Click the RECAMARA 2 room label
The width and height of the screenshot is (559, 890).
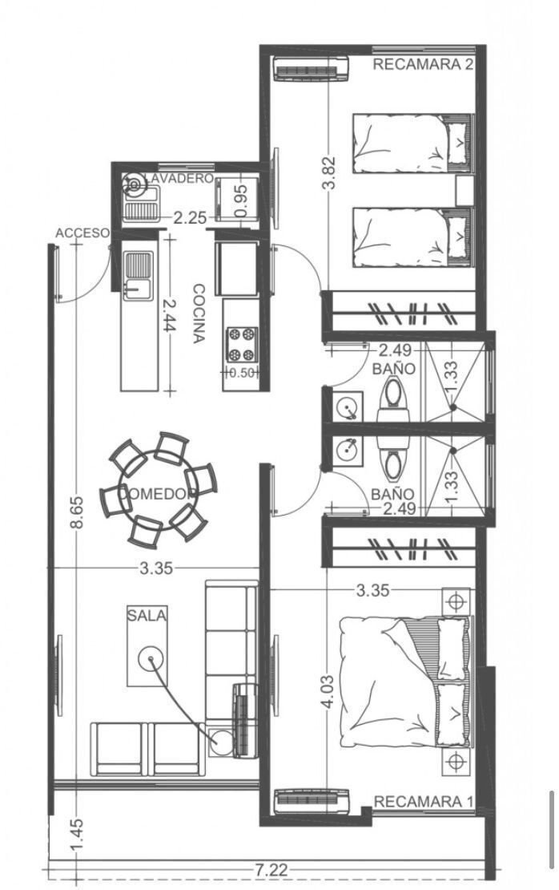click(x=422, y=64)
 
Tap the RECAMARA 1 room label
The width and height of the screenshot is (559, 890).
click(x=424, y=802)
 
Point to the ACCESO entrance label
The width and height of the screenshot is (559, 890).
click(x=82, y=233)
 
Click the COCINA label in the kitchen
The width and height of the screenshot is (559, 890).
click(x=199, y=314)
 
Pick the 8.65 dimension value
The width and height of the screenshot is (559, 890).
click(x=77, y=512)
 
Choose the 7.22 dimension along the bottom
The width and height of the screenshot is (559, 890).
click(x=271, y=870)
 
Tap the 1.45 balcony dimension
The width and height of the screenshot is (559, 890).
click(x=77, y=835)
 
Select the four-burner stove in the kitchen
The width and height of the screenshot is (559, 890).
click(x=242, y=345)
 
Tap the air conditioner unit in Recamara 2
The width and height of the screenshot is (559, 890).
click(x=311, y=69)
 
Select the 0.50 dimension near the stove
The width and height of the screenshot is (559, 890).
click(x=242, y=373)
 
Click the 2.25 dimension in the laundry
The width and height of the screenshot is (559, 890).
click(x=189, y=218)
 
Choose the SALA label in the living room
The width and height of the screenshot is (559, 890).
click(x=147, y=615)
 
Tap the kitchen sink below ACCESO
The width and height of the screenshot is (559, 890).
click(x=137, y=274)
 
